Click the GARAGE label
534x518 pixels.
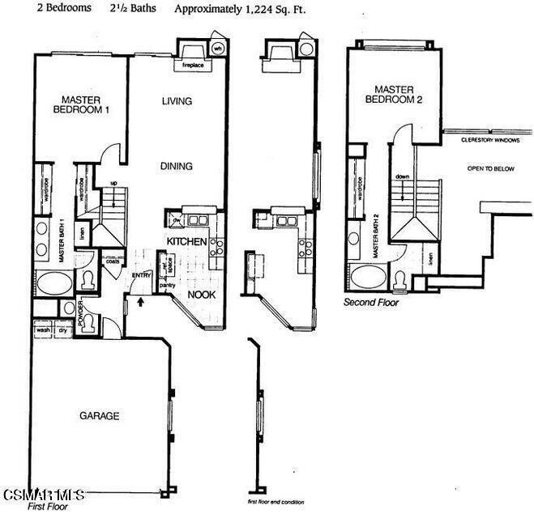click(99, 416)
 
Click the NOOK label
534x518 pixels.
click(201, 295)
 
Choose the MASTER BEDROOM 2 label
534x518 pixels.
click(395, 94)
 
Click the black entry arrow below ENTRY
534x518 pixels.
click(142, 303)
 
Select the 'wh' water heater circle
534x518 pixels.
click(217, 48)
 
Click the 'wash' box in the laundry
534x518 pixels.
click(42, 330)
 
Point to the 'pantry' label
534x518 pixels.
click(168, 285)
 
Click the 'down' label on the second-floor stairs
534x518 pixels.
click(403, 176)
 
